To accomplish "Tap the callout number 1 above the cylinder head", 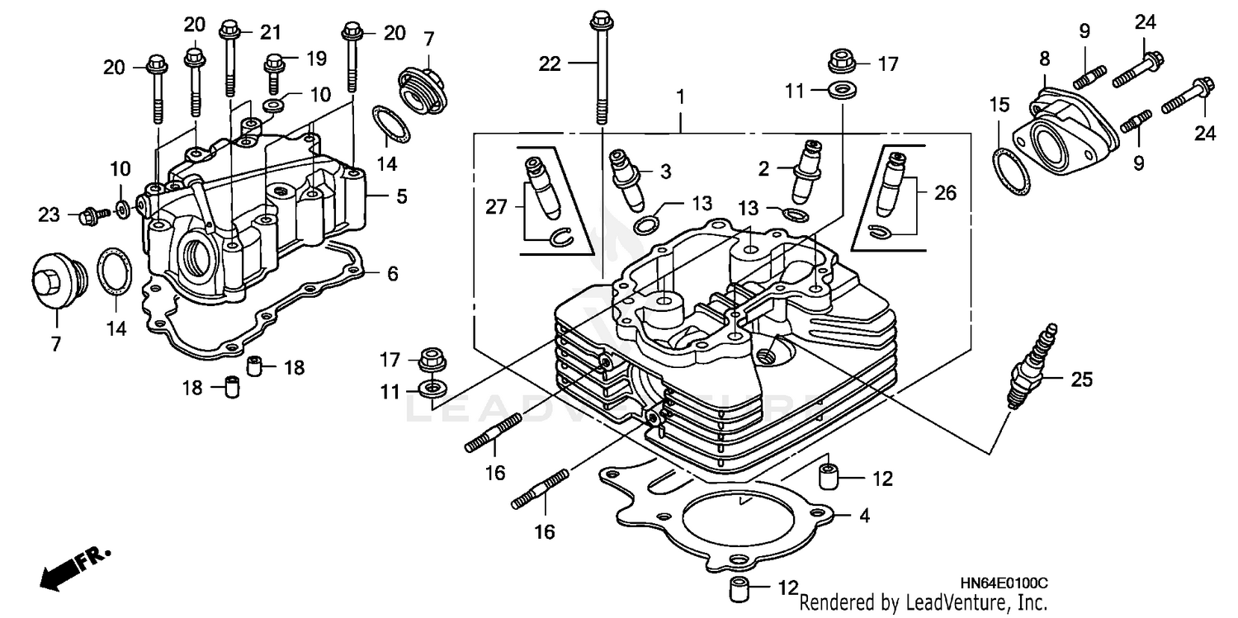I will [680, 97].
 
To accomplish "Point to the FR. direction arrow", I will [73, 567].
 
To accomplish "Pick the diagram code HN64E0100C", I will [1007, 583].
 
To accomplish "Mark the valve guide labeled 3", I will [626, 179].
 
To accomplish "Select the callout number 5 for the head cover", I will [401, 196].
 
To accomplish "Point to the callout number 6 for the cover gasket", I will [391, 272].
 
